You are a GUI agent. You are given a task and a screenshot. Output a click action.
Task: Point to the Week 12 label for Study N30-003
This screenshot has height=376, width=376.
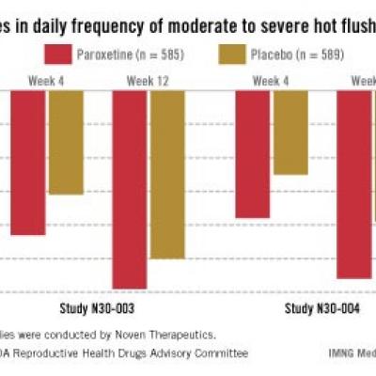(149, 82)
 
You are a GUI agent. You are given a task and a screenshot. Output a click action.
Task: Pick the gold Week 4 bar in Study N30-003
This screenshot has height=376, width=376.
(66, 142)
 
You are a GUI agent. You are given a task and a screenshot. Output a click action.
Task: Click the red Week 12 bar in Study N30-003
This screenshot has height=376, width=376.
(130, 189)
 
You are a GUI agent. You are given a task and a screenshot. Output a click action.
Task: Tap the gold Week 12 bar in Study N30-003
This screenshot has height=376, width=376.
(167, 174)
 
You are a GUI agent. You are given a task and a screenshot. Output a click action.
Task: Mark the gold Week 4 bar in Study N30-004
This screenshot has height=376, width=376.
(290, 133)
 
